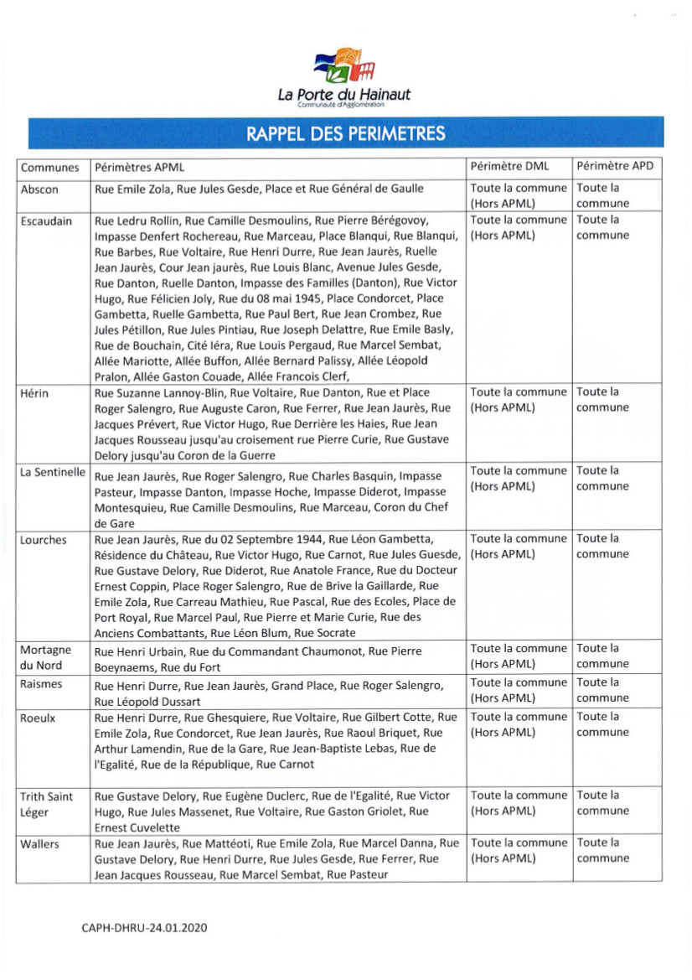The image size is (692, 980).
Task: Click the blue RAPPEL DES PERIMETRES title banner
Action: [345, 133]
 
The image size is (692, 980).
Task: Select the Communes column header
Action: [50, 167]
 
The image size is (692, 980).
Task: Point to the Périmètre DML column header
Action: [509, 167]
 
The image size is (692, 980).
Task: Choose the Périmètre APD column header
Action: [614, 167]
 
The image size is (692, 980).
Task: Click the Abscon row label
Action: [39, 189]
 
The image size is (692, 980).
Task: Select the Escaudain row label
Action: [46, 221]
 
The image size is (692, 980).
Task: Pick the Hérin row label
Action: [36, 393]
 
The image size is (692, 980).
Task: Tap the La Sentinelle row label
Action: [53, 473]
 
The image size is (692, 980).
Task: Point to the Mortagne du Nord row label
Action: [46, 658]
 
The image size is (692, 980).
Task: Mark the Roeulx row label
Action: [39, 718]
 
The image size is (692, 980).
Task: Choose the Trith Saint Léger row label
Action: [47, 804]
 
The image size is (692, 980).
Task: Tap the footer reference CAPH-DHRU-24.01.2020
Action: [144, 929]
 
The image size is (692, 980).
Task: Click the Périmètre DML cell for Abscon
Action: [518, 195]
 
